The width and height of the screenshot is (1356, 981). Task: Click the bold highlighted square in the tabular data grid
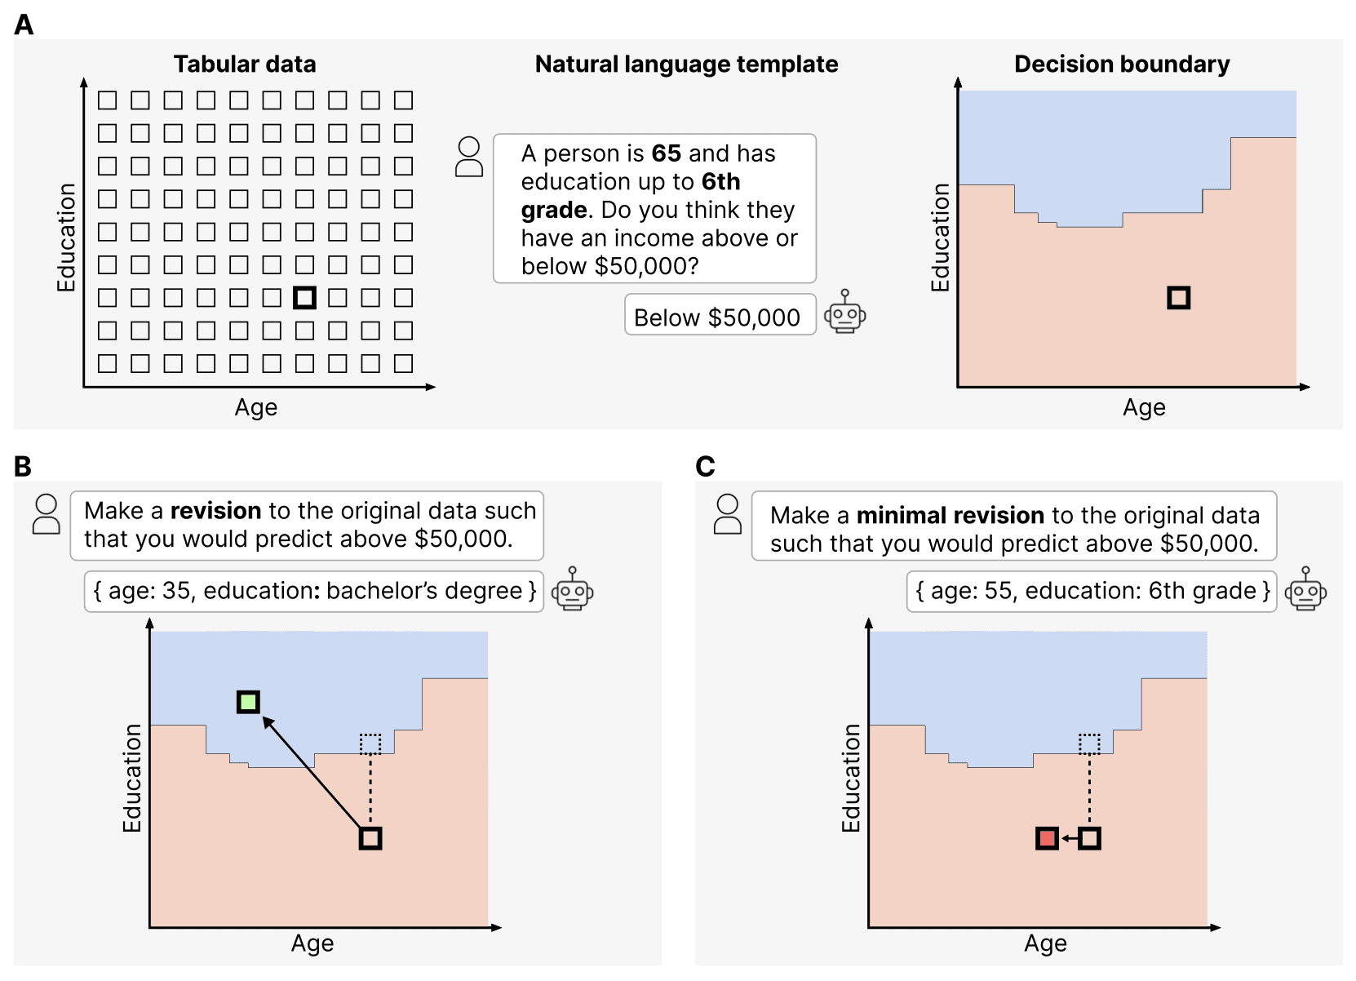(304, 298)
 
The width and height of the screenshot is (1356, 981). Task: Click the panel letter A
(24, 25)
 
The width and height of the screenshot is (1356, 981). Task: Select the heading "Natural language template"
(686, 64)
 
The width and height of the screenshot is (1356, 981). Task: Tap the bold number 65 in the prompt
(666, 153)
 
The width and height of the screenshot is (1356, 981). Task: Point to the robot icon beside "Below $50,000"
(844, 313)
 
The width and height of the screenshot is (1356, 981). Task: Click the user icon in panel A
(469, 158)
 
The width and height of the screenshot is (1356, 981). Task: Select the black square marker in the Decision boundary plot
(1178, 298)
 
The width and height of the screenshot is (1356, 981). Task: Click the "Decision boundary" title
(1122, 64)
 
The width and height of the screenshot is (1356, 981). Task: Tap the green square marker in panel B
(248, 702)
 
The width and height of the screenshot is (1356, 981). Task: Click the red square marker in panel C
(1047, 838)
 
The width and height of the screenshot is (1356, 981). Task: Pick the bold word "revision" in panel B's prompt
(215, 511)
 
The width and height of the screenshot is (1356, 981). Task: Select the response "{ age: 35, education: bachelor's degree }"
(314, 591)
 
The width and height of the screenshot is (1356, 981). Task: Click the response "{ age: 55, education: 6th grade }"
(1092, 591)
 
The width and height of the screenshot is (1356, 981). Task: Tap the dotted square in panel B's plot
(370, 744)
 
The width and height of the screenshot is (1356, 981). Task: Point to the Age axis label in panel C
(1045, 943)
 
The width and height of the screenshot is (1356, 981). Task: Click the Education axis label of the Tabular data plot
(66, 237)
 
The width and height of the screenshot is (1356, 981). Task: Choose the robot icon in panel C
(1305, 589)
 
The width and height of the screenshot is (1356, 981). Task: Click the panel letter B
(23, 467)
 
